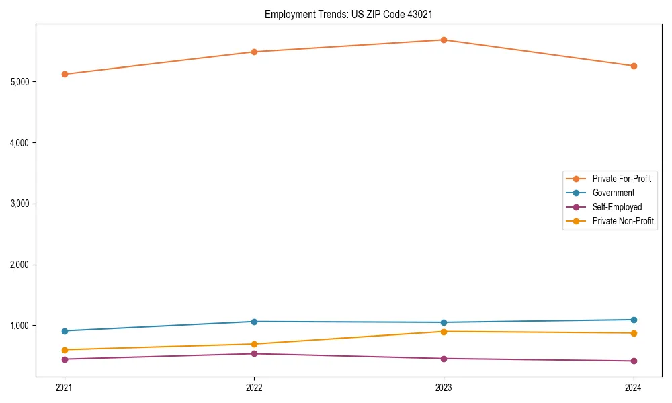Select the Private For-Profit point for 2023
(444, 40)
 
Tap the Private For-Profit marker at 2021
(65, 74)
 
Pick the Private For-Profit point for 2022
(254, 52)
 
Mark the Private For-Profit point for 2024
(633, 66)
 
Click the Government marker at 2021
(65, 331)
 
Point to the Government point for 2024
(633, 320)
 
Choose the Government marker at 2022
(254, 322)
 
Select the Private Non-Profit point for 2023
(444, 332)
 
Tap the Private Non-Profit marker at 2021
(65, 350)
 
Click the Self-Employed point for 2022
(254, 354)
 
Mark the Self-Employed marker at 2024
(633, 361)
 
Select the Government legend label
(613, 193)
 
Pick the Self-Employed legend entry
(617, 207)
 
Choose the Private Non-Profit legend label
(623, 221)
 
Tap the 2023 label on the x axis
(444, 387)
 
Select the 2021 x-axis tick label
(65, 387)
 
